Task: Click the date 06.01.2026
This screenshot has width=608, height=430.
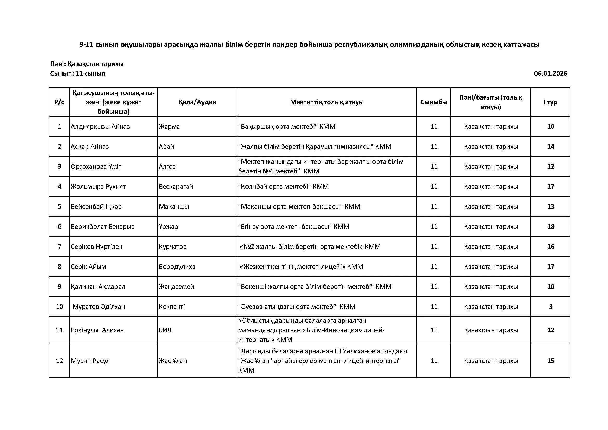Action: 550,74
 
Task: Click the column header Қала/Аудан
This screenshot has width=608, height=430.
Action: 197,102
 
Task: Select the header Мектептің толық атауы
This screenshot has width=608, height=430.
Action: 326,102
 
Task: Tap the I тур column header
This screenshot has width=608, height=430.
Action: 550,102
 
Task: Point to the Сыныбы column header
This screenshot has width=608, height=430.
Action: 434,102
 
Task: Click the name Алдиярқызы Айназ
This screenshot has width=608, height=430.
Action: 100,127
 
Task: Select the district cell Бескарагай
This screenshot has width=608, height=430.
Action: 176,187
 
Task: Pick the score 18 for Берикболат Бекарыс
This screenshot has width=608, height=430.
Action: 551,227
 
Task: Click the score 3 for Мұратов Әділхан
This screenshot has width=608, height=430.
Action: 551,307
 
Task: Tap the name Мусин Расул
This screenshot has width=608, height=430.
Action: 90,361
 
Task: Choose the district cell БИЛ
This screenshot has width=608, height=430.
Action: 165,330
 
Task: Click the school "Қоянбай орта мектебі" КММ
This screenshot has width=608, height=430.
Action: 283,187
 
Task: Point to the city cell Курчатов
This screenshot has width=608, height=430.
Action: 173,247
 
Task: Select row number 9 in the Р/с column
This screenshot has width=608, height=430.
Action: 59,287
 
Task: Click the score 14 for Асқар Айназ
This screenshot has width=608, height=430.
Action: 551,147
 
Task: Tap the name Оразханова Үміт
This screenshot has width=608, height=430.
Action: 96,167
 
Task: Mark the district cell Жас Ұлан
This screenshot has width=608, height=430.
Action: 173,361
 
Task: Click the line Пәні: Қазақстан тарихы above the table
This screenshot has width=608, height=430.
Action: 87,64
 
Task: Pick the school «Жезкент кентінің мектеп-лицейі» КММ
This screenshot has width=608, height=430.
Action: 301,267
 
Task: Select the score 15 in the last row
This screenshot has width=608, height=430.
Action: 551,361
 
